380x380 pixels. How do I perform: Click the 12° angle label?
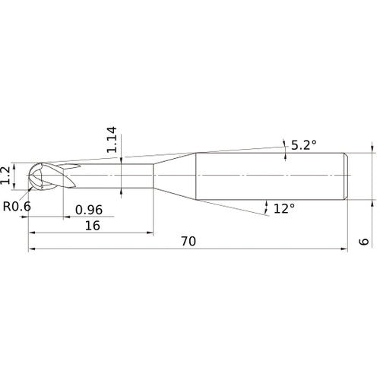283,208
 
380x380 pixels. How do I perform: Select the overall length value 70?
188,241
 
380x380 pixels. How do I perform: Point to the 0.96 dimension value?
89,209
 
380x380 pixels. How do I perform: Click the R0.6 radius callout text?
17,206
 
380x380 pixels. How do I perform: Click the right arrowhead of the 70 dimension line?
344,249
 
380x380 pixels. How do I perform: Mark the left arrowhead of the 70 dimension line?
32,249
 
